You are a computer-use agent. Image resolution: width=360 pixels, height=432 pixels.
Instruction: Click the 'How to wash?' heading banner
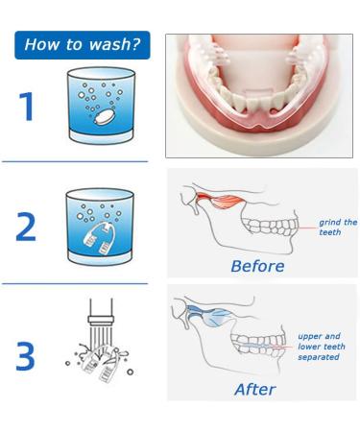click(x=83, y=45)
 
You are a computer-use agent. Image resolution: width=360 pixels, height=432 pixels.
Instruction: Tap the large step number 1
click(x=27, y=107)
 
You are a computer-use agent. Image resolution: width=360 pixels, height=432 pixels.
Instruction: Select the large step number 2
click(x=26, y=227)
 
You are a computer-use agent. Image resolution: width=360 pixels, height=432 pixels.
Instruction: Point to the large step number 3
click(x=26, y=356)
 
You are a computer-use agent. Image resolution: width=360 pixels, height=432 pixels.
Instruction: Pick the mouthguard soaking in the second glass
click(x=98, y=238)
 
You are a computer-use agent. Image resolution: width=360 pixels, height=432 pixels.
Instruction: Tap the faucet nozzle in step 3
click(x=101, y=320)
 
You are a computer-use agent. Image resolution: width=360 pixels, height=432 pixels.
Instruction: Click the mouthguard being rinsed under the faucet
click(x=98, y=363)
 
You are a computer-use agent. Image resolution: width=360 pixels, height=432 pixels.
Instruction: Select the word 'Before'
click(x=257, y=266)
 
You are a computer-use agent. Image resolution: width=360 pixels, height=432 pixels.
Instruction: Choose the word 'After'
click(x=255, y=390)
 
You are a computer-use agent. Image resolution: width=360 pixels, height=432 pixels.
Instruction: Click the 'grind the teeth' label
click(x=338, y=228)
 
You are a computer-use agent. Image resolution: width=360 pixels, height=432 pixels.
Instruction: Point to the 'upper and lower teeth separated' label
click(x=322, y=347)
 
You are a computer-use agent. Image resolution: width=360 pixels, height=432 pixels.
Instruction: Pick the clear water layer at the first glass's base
click(x=101, y=137)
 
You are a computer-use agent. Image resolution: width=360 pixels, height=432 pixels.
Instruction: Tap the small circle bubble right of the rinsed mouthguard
click(x=130, y=372)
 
